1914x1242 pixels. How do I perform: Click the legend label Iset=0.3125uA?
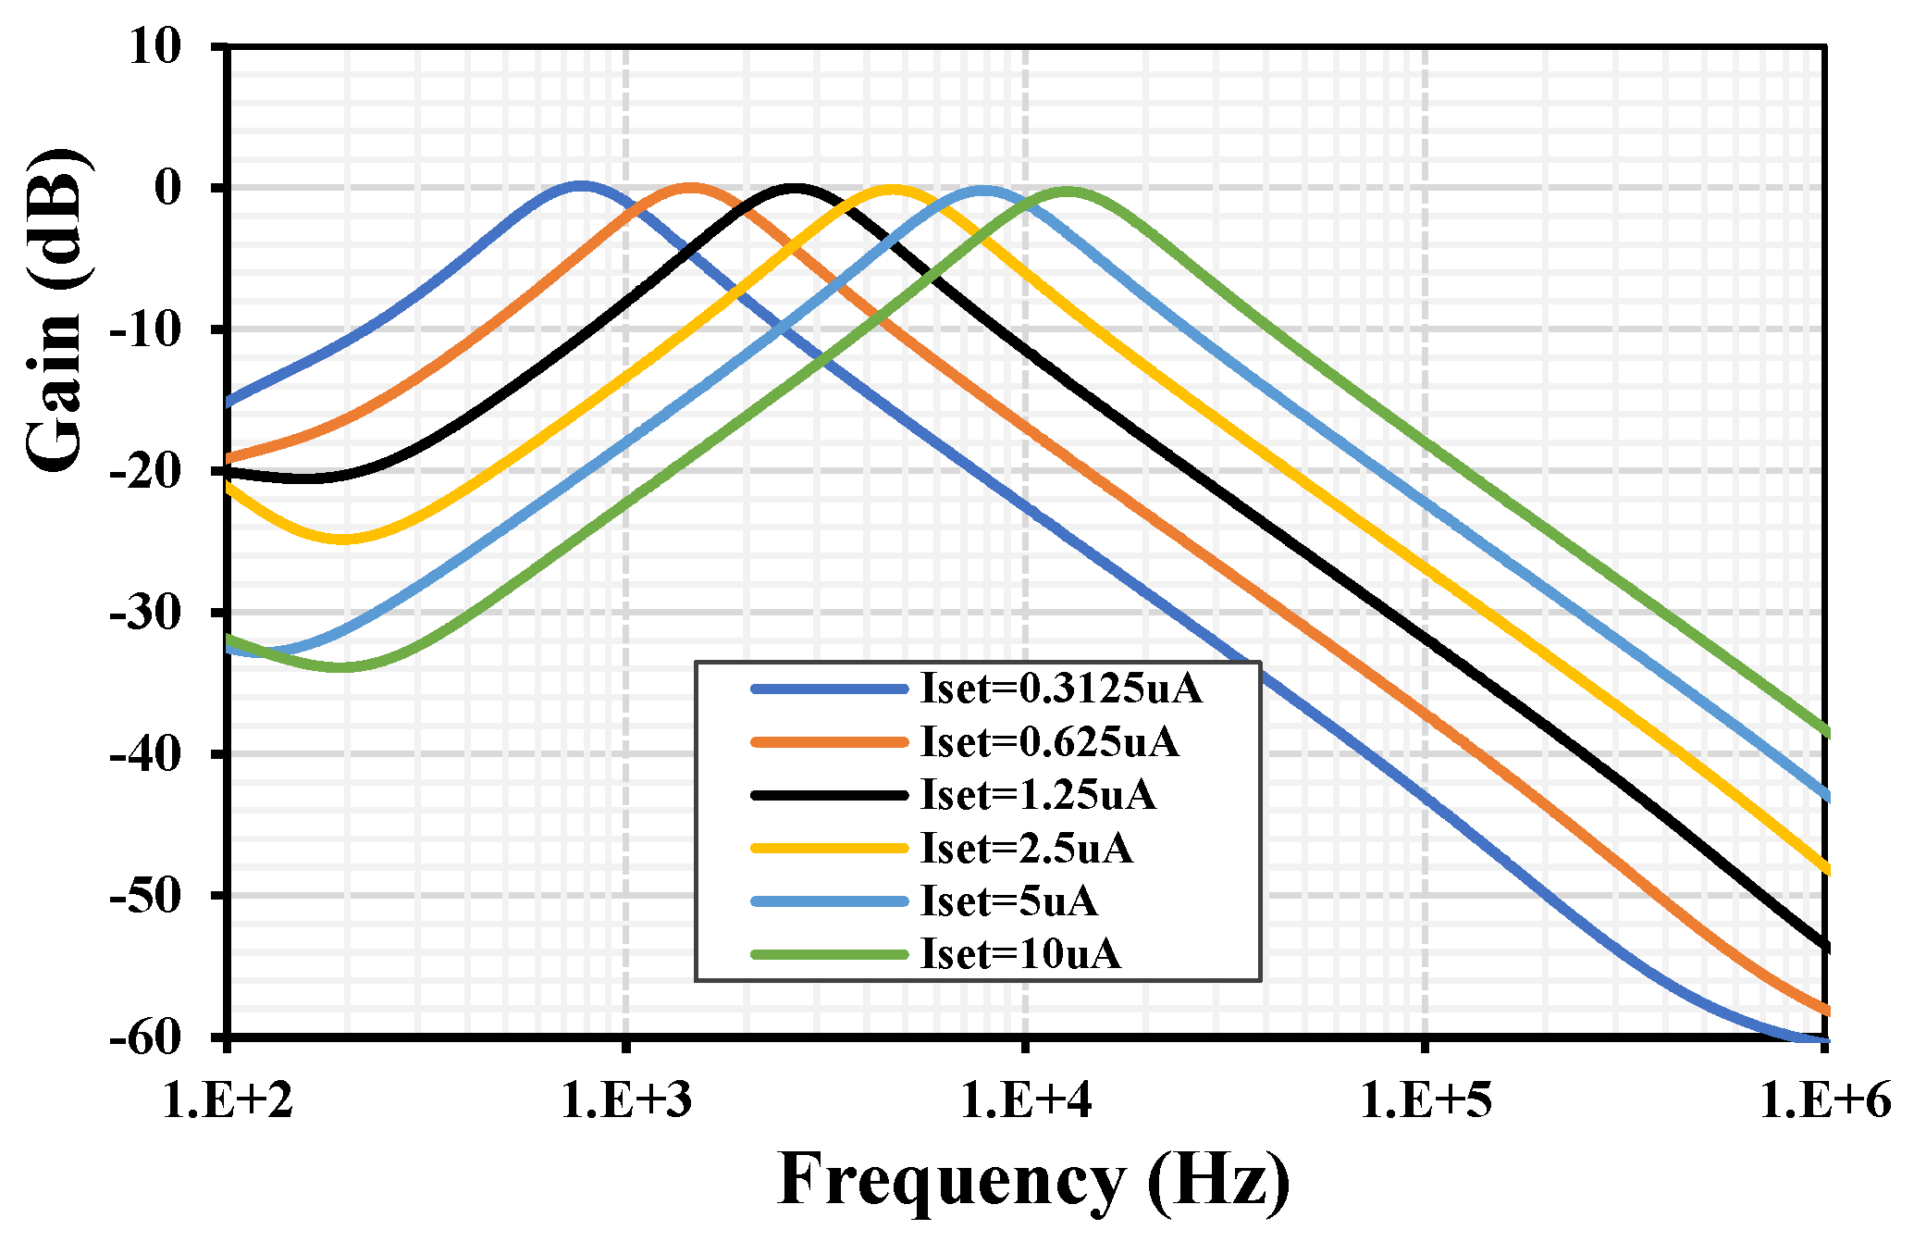point(1061,689)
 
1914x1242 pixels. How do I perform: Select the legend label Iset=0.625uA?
point(1049,742)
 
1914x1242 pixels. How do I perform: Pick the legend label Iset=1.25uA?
point(1038,795)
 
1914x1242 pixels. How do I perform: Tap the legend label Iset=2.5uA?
point(1026,849)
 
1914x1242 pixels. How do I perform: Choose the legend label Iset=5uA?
point(1008,901)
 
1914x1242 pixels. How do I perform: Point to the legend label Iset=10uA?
point(1020,954)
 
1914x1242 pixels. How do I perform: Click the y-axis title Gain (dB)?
point(54,310)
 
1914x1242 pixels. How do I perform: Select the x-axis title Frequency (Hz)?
point(1033,1179)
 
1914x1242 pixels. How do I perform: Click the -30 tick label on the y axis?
point(144,613)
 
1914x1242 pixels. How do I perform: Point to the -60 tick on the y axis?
point(144,1037)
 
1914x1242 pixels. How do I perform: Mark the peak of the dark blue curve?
point(580,186)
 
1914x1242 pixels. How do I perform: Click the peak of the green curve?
point(1068,192)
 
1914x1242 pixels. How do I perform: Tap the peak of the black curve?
point(795,188)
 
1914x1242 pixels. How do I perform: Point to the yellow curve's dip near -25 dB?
point(342,540)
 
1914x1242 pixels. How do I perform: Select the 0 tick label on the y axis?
point(168,188)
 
